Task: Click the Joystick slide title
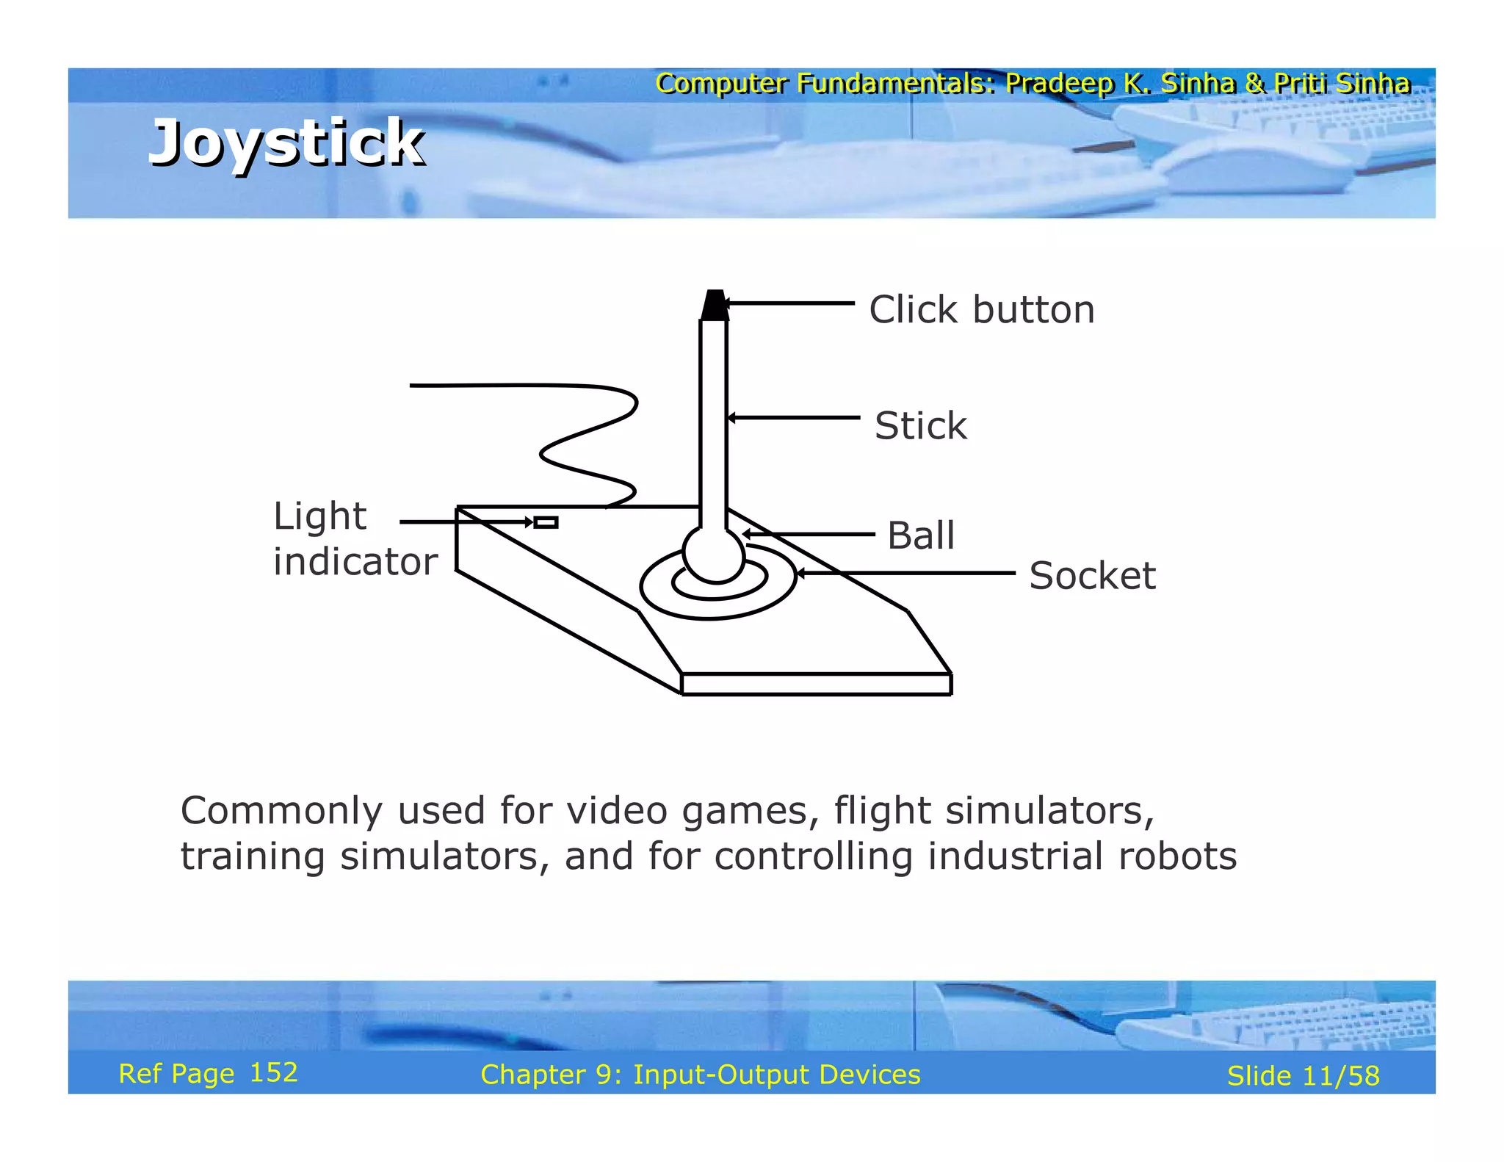pyautogui.click(x=286, y=142)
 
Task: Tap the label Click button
pyautogui.click(x=981, y=309)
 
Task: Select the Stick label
pyautogui.click(x=921, y=425)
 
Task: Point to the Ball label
pyautogui.click(x=921, y=535)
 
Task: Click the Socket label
pyautogui.click(x=1092, y=575)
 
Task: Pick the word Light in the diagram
pyautogui.click(x=319, y=516)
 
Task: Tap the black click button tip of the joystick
pyautogui.click(x=714, y=305)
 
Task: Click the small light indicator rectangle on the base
pyautogui.click(x=546, y=522)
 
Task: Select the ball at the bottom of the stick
pyautogui.click(x=713, y=555)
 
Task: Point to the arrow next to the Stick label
pyautogui.click(x=793, y=417)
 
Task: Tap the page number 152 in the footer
pyautogui.click(x=273, y=1073)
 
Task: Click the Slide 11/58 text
pyautogui.click(x=1303, y=1076)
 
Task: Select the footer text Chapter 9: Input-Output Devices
pyautogui.click(x=700, y=1075)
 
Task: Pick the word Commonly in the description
pyautogui.click(x=281, y=811)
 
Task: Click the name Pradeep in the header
pyautogui.click(x=1059, y=83)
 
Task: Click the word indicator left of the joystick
pyautogui.click(x=355, y=562)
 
